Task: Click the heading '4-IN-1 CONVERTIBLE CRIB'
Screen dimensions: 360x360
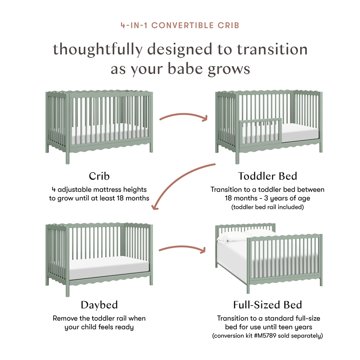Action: coord(180,25)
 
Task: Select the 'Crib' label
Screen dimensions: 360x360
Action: coord(99,176)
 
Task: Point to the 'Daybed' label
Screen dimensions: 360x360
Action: coord(99,305)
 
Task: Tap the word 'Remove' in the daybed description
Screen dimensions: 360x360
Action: coord(66,318)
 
